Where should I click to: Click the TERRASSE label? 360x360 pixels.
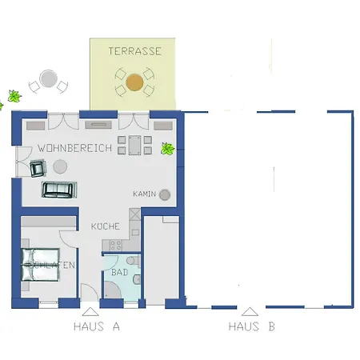134,51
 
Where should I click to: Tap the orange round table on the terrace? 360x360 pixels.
134,82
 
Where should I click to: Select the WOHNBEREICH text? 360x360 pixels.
74,148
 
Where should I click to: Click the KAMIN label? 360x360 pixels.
144,194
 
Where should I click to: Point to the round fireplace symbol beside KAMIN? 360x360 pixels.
165,194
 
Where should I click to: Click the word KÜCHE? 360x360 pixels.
105,226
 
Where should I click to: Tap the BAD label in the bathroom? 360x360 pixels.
120,272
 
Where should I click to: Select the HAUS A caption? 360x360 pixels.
97,326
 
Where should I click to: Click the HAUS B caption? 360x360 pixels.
252,326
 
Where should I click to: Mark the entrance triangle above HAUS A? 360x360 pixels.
90,312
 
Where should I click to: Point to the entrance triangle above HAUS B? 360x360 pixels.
250,312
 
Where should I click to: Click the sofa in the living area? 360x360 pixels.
59,190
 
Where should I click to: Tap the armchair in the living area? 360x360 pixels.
38,168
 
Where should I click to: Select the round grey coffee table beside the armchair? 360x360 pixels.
60,166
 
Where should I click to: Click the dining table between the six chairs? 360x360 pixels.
134,145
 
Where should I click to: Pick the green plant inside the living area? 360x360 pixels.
168,149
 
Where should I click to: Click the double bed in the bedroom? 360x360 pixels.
40,265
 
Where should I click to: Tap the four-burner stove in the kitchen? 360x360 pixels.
116,245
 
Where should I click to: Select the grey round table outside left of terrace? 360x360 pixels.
48,78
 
